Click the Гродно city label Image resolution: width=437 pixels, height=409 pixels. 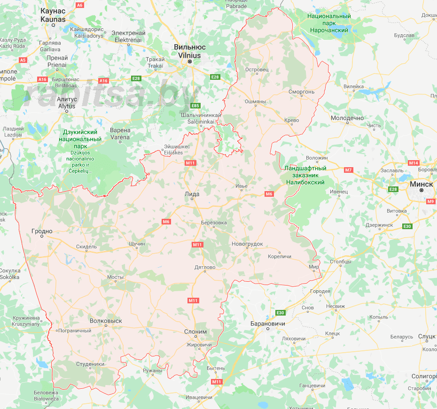[x=42, y=231]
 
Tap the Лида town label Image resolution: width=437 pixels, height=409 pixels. [x=192, y=194]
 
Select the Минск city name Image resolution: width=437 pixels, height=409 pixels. [x=421, y=184]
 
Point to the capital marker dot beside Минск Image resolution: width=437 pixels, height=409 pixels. [x=421, y=191]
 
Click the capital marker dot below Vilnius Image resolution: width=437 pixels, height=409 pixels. [x=190, y=62]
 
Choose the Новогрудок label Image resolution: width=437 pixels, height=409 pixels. [x=247, y=244]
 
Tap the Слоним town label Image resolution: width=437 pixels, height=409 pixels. [x=195, y=332]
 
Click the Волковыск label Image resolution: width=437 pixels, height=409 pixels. [x=106, y=321]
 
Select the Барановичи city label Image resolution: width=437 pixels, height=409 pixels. [x=268, y=324]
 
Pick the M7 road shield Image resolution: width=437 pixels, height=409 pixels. [x=348, y=170]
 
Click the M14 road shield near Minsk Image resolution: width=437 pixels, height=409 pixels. [x=414, y=163]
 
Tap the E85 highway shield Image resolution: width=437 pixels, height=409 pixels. [x=195, y=105]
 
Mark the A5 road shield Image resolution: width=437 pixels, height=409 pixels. [x=23, y=60]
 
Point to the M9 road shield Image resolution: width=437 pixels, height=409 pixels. [x=431, y=201]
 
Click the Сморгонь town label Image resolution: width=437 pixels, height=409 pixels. [x=301, y=92]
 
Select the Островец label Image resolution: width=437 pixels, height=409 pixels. [x=257, y=69]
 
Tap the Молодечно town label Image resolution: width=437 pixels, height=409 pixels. [x=347, y=118]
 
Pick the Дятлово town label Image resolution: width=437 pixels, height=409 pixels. [x=205, y=267]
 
